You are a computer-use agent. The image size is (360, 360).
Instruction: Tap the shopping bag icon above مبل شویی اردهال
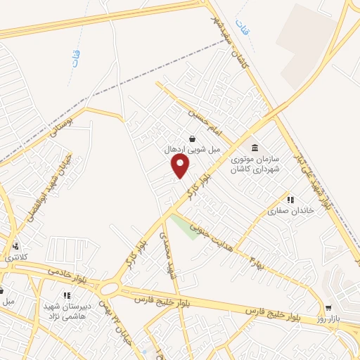193,138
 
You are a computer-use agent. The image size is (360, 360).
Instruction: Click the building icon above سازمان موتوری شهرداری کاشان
255,148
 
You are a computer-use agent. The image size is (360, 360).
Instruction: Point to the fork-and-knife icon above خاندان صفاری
290,200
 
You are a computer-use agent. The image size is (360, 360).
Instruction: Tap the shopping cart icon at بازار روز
328,308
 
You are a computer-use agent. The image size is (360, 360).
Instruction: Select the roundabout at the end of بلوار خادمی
110,289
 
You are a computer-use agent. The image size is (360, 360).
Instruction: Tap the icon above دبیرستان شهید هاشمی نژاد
67,296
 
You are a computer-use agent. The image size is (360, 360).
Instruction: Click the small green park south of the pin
185,227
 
